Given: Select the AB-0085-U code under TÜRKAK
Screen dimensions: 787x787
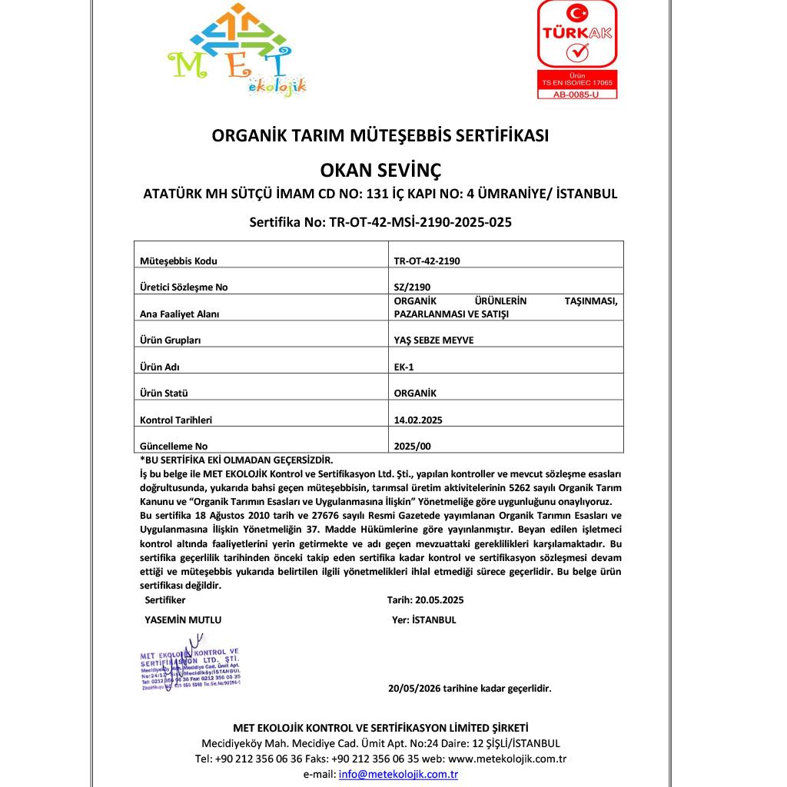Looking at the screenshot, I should click(576, 95).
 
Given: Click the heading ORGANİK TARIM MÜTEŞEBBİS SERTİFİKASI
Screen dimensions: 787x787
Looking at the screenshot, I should click(380, 135).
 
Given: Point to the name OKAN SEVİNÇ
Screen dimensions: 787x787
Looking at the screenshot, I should click(380, 168).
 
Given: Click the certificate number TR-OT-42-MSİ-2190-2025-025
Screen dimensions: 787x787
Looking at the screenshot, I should click(380, 222).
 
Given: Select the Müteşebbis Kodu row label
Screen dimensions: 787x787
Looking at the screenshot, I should click(178, 261).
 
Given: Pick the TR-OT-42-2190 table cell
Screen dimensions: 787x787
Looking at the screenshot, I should click(427, 261).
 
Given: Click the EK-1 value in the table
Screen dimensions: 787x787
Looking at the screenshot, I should click(403, 367).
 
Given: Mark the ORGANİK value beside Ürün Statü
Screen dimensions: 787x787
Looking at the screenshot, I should click(415, 393).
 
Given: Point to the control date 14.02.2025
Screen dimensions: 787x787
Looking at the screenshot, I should click(417, 420).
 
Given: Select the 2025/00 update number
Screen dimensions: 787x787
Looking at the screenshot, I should click(407, 446).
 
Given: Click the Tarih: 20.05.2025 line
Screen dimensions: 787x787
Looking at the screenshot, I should click(425, 599).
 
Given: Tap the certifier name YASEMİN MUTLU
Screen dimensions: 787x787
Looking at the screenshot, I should click(183, 619).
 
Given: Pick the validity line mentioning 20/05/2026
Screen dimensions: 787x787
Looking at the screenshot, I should click(470, 689).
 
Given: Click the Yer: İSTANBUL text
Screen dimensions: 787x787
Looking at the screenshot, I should click(423, 619).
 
